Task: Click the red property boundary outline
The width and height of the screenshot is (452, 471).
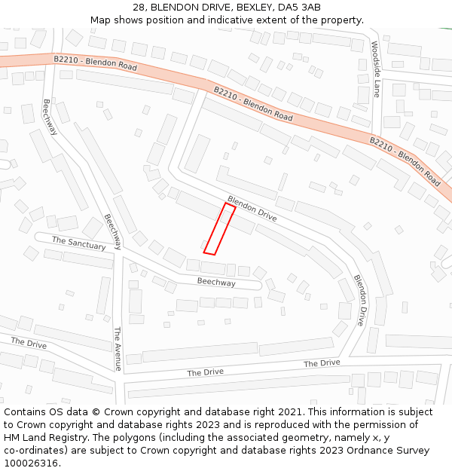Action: (x=219, y=229)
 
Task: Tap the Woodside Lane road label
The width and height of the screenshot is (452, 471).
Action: (x=376, y=69)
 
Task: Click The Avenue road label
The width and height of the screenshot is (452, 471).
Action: (x=117, y=349)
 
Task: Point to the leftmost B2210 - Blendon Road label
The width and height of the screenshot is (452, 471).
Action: (x=96, y=63)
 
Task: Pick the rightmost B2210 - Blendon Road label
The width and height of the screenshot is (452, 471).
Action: (x=405, y=161)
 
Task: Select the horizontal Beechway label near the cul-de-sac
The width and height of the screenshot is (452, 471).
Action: (x=216, y=283)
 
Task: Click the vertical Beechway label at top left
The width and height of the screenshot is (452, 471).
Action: (x=50, y=117)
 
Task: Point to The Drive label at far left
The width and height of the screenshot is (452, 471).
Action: (x=29, y=343)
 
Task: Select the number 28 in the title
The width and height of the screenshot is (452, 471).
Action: (x=138, y=8)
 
